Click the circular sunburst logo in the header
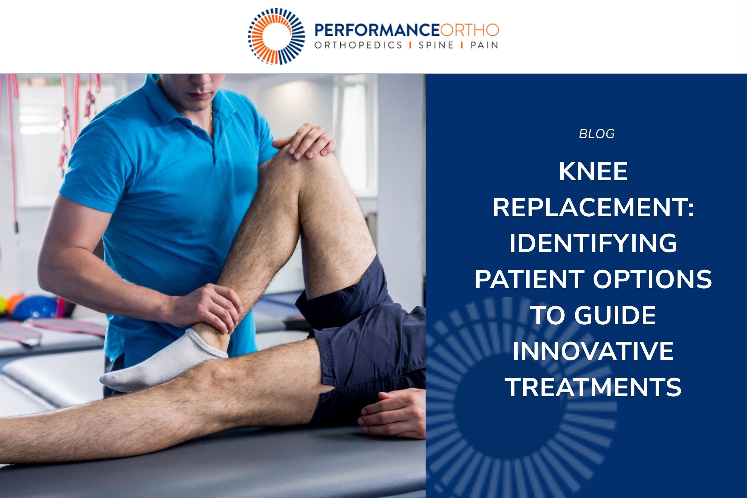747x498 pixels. point(276,36)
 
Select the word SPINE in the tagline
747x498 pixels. point(436,45)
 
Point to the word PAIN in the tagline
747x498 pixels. point(484,45)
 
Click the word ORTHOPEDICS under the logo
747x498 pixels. point(358,45)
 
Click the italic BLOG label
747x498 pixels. point(596,134)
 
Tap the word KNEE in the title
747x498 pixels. point(593,172)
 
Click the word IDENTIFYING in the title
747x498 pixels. point(593,244)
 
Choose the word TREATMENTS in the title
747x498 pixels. point(593,387)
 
